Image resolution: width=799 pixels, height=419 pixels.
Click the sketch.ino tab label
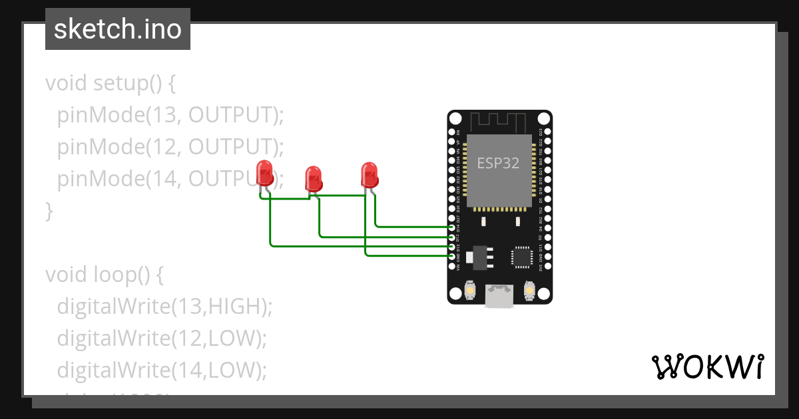click(117, 29)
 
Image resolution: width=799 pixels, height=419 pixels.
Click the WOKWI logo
click(707, 366)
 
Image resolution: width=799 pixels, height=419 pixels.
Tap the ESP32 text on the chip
click(498, 163)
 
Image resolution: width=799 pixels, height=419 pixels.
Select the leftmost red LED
click(264, 174)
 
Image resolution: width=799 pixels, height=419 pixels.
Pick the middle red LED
click(313, 178)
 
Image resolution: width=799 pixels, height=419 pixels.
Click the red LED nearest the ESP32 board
click(370, 175)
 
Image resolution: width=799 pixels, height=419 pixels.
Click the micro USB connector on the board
click(499, 295)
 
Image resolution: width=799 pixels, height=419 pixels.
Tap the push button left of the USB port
click(469, 291)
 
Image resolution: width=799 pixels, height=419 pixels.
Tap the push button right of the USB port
click(530, 291)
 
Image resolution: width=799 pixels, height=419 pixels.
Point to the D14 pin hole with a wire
click(452, 227)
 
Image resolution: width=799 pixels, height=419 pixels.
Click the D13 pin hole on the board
click(452, 247)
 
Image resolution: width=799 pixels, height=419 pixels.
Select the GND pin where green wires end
click(452, 256)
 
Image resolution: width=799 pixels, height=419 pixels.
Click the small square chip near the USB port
click(521, 257)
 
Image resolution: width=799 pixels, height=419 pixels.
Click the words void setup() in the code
click(111, 83)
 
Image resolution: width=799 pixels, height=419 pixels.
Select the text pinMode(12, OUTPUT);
click(170, 146)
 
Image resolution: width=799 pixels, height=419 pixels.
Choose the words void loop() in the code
click(103, 274)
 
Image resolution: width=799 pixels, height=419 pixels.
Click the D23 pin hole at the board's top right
click(547, 132)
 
